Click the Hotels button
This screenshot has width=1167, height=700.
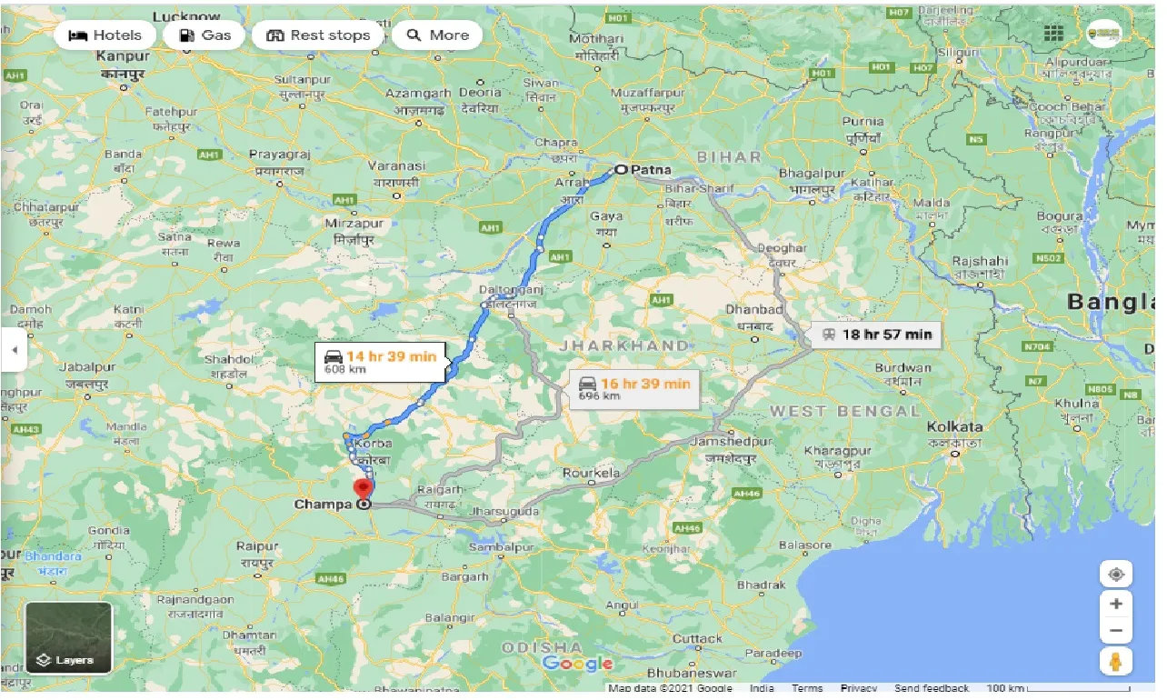pyautogui.click(x=105, y=35)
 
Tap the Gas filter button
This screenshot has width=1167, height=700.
pyautogui.click(x=204, y=35)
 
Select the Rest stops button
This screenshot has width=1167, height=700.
pyautogui.click(x=317, y=35)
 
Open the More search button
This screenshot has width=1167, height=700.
pyautogui.click(x=437, y=35)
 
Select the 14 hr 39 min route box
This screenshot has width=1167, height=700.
pyautogui.click(x=381, y=360)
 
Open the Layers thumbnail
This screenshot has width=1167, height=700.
pyautogui.click(x=68, y=637)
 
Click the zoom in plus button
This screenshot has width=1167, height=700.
pyautogui.click(x=1116, y=604)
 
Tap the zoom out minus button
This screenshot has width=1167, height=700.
pyautogui.click(x=1116, y=631)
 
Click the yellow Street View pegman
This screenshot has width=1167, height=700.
pyautogui.click(x=1116, y=662)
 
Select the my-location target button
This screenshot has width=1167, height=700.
pyautogui.click(x=1116, y=575)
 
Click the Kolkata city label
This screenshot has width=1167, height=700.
pyautogui.click(x=954, y=426)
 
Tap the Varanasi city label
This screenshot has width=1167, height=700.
pyautogui.click(x=396, y=166)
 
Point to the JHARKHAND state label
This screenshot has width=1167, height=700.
pyautogui.click(x=623, y=345)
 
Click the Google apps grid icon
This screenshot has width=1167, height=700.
pyautogui.click(x=1053, y=33)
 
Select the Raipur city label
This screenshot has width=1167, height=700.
pyautogui.click(x=255, y=546)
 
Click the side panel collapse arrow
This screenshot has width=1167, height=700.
pyautogui.click(x=14, y=350)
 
